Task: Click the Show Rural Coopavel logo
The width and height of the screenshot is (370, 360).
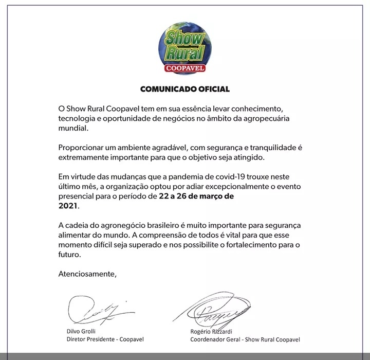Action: [x=185, y=49]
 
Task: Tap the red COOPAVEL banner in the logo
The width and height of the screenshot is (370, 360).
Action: [x=185, y=67]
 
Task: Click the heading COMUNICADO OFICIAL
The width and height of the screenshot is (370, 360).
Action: [x=185, y=89]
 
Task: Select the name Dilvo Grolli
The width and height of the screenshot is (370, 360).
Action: [x=82, y=332]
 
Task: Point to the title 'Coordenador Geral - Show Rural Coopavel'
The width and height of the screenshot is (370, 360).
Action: [x=245, y=339]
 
